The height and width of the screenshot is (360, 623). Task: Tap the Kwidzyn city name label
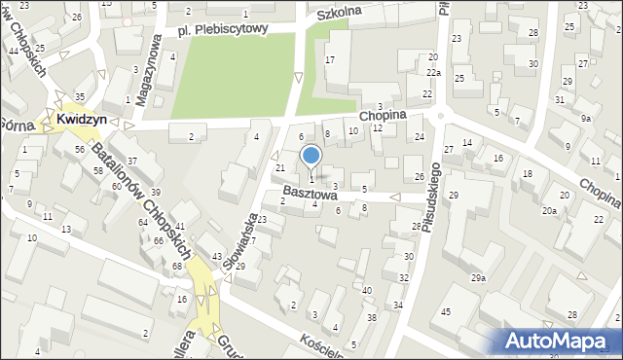(x=82, y=119)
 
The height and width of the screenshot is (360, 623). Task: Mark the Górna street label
(x=14, y=125)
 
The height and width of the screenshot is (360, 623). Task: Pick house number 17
(x=330, y=60)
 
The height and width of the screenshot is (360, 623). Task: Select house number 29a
(x=478, y=278)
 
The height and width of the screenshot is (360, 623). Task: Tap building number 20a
(x=550, y=210)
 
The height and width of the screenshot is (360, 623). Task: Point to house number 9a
(x=585, y=118)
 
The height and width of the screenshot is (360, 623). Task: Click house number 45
(x=445, y=311)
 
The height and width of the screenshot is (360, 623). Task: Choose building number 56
(x=79, y=149)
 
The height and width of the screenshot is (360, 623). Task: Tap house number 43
(x=217, y=256)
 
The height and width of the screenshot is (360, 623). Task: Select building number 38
(x=371, y=317)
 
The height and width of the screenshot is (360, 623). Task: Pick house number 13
(x=65, y=230)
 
